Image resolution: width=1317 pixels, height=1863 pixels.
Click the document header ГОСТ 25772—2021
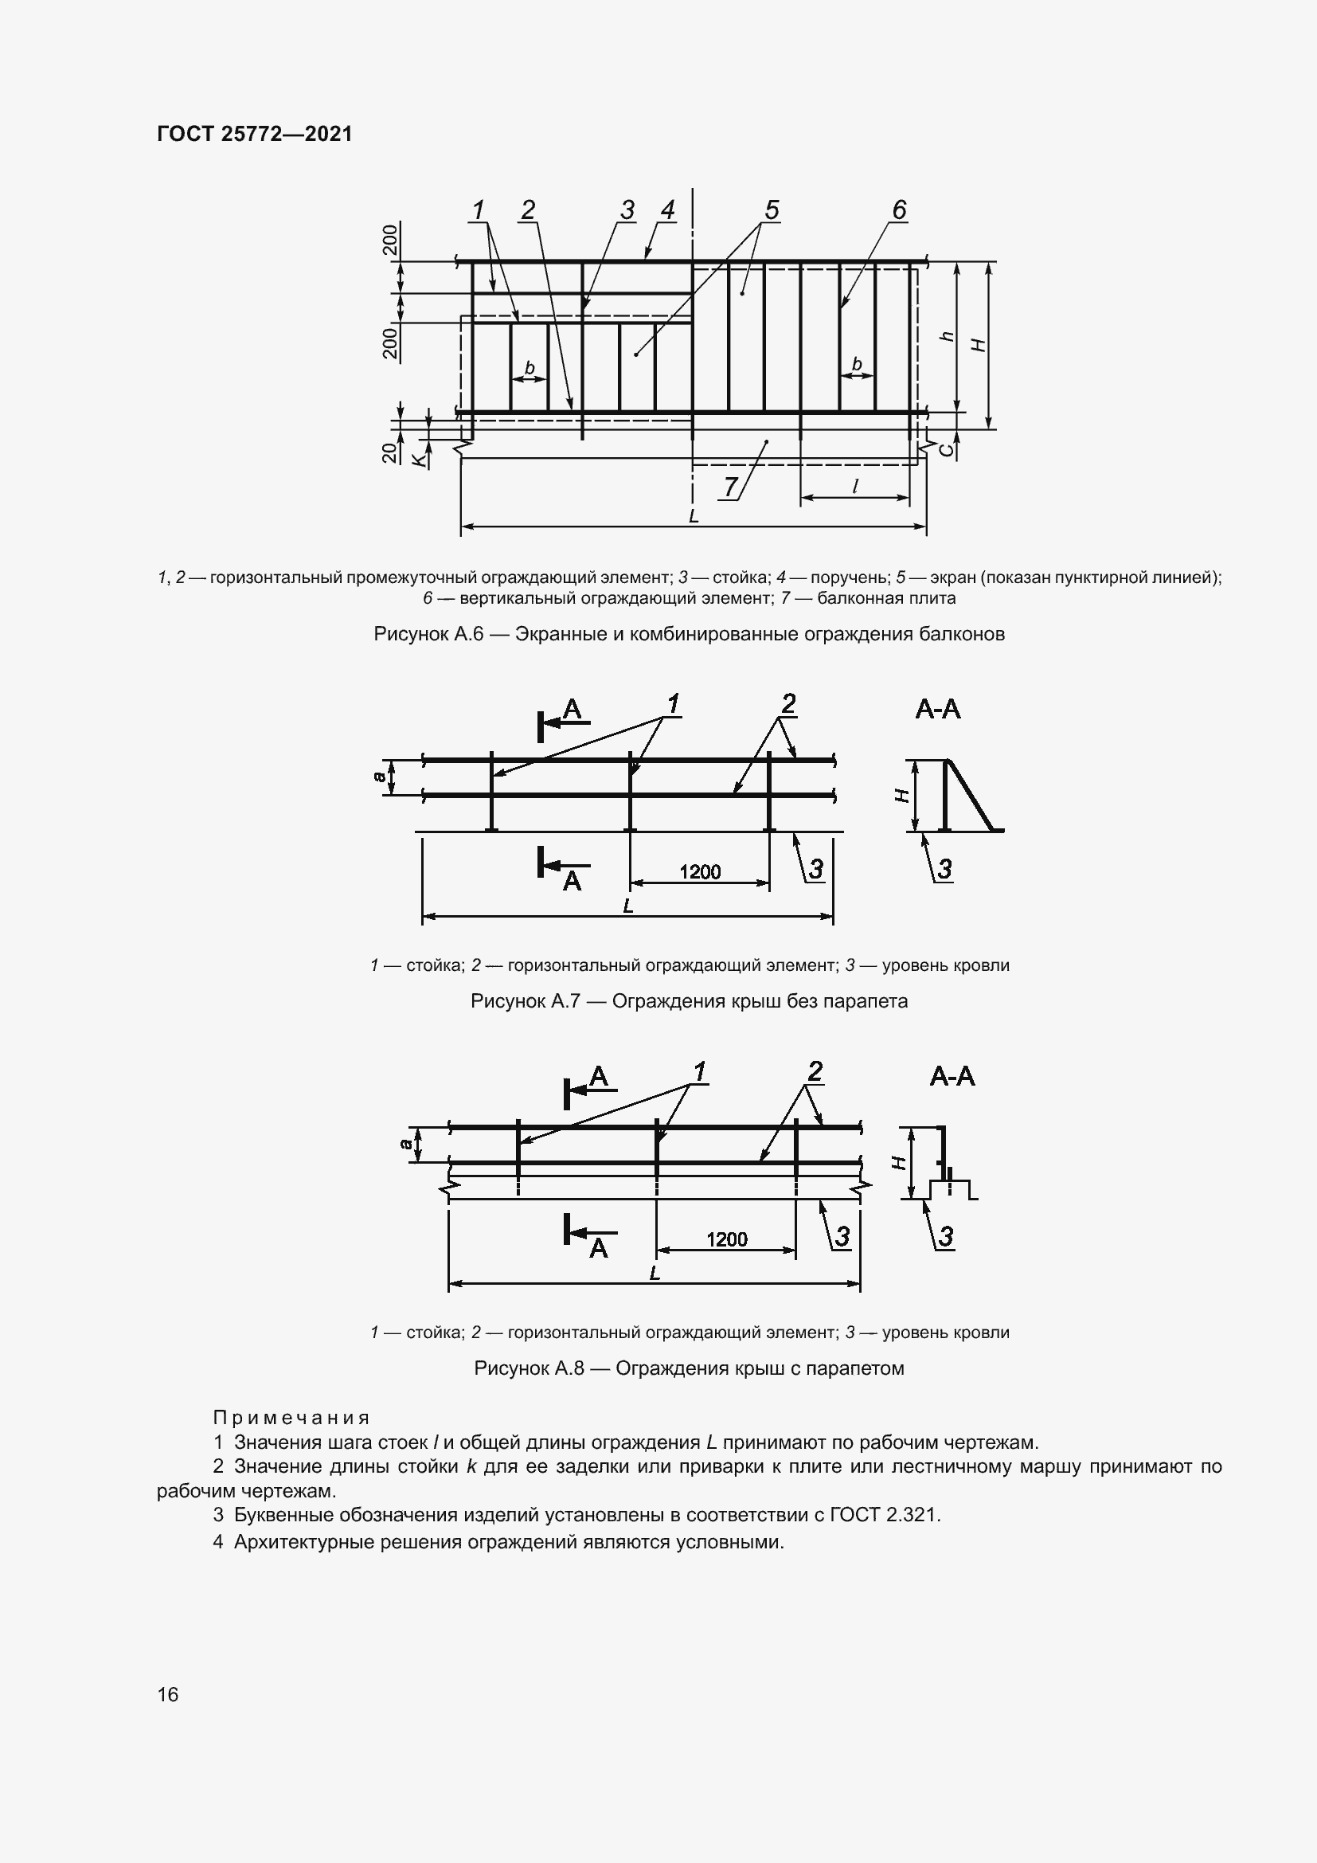click(x=255, y=134)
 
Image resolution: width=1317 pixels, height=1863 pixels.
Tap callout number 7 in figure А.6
click(x=731, y=486)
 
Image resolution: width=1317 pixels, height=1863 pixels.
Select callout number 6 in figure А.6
click(x=898, y=210)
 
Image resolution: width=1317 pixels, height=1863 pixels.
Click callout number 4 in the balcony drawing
click(x=667, y=210)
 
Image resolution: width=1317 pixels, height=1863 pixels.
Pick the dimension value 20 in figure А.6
click(x=391, y=452)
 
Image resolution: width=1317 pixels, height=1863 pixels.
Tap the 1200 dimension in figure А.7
click(x=700, y=872)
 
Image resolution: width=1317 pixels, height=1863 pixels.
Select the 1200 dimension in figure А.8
click(x=727, y=1239)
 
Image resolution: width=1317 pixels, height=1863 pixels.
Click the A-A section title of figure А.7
click(x=937, y=710)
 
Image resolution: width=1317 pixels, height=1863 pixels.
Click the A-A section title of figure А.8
click(x=952, y=1077)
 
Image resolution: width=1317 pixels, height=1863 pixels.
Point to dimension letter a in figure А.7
click(x=379, y=777)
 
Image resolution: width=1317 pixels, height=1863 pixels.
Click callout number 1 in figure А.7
click(x=673, y=703)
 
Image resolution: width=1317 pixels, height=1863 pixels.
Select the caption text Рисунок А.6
click(x=428, y=635)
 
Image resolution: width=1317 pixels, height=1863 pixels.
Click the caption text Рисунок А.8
click(x=529, y=1369)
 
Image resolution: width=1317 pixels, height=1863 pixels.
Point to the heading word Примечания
click(x=291, y=1418)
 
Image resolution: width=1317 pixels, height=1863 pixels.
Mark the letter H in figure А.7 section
click(x=901, y=796)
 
